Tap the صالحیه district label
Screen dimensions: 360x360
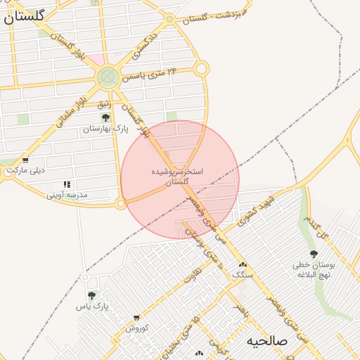point(266,341)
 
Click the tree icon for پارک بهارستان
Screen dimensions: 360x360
point(105,117)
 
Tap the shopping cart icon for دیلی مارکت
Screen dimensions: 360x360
point(25,160)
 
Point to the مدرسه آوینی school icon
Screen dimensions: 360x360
point(67,184)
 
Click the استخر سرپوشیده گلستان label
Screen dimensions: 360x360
point(177,176)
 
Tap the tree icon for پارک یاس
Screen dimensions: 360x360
point(91,295)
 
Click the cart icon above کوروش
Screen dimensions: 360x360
point(136,318)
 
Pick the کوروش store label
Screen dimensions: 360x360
point(136,328)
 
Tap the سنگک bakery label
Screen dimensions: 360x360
point(241,274)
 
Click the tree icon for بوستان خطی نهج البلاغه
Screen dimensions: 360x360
point(314,254)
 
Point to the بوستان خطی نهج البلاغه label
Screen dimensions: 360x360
point(314,270)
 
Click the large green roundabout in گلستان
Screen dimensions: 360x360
point(108,77)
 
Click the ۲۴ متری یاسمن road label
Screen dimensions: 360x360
point(147,75)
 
